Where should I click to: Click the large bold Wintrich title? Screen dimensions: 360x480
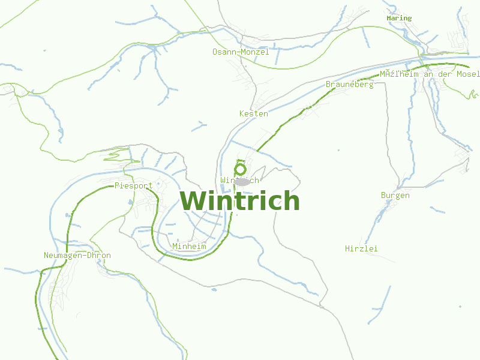click(x=239, y=200)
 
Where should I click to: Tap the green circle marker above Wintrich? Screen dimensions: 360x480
click(x=241, y=169)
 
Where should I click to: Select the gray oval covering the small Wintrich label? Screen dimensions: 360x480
click(x=242, y=181)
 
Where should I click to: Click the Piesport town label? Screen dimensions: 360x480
click(x=134, y=186)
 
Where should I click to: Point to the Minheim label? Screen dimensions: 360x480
click(x=189, y=247)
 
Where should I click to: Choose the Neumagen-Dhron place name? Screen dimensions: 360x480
click(x=77, y=256)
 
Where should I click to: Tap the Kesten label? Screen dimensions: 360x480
click(x=254, y=114)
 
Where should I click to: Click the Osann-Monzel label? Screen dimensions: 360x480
click(x=241, y=52)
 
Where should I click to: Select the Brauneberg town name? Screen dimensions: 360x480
click(x=350, y=85)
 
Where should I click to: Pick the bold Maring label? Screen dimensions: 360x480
click(x=399, y=19)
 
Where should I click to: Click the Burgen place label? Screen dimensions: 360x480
click(x=395, y=196)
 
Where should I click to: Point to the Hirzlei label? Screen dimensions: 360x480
click(x=362, y=248)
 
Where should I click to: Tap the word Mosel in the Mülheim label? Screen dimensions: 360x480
click(x=468, y=74)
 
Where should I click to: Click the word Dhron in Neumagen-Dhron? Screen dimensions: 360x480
click(x=98, y=256)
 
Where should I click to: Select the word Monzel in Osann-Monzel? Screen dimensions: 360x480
click(x=256, y=52)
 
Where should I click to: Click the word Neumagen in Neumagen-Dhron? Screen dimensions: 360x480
click(x=63, y=256)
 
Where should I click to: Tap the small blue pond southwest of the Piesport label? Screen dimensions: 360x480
click(x=130, y=203)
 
